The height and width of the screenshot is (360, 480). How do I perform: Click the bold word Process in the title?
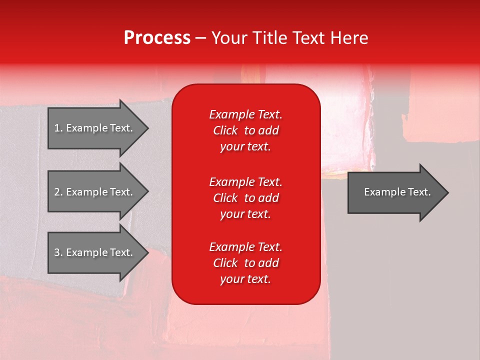(157, 38)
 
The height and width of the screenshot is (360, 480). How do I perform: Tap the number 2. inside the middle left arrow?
(58, 192)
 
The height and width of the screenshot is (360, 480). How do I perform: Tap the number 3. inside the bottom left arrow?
(58, 252)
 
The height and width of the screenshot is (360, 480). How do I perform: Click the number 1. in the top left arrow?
(58, 128)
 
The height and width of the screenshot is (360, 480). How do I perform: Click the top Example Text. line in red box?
(245, 114)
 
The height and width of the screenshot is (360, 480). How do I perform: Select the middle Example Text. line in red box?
(245, 181)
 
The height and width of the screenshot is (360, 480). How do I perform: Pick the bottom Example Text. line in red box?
(245, 247)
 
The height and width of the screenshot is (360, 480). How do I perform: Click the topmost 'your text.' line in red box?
(245, 147)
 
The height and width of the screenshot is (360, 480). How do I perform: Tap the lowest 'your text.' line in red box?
(245, 279)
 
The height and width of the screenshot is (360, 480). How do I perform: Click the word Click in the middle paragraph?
(225, 198)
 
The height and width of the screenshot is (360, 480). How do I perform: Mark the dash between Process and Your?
(200, 38)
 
